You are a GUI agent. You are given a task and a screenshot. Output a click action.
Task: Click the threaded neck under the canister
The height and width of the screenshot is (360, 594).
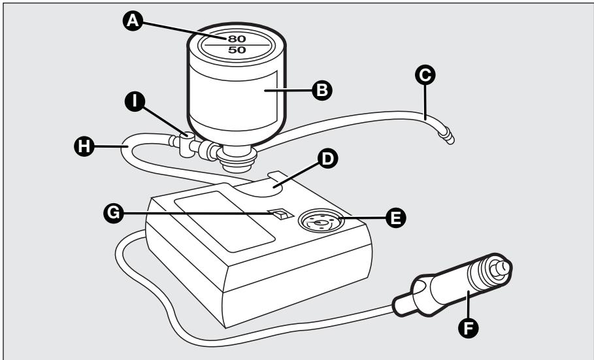point(237,159)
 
